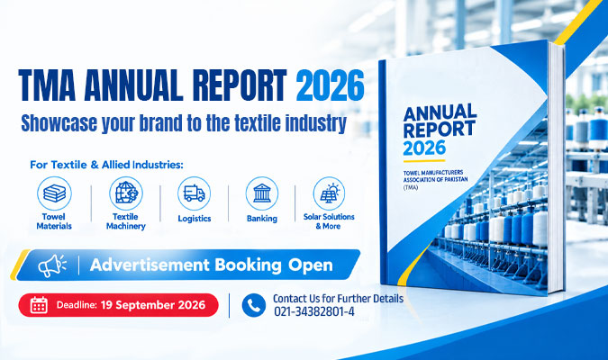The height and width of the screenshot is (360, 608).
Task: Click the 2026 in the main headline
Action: tap(330, 85)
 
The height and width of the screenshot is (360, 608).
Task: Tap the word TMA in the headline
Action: tap(47, 85)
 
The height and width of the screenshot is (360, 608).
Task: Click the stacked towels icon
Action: tap(54, 193)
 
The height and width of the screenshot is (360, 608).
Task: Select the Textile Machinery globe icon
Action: tap(126, 193)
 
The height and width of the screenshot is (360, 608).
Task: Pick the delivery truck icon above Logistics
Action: tap(195, 193)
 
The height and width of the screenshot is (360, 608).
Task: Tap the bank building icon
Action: tap(262, 193)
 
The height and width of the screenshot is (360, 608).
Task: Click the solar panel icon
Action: tap(329, 193)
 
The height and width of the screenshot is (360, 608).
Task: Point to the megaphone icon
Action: tap(52, 265)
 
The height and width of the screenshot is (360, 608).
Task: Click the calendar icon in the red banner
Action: tap(39, 305)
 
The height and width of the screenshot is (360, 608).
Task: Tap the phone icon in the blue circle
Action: tap(254, 305)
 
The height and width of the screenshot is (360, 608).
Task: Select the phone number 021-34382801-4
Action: tap(314, 311)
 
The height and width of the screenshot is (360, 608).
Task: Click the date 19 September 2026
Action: tap(153, 305)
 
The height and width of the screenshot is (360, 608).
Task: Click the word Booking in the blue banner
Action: tap(249, 265)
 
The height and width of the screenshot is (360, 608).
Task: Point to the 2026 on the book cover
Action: tap(424, 148)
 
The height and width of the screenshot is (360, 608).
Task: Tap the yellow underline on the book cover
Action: tap(424, 161)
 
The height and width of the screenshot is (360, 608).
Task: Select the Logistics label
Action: tap(195, 219)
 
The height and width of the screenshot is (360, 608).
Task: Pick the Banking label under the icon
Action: tap(262, 219)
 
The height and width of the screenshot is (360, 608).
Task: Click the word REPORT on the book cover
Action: tap(440, 130)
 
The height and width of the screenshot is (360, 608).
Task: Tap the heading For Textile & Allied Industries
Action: tap(106, 165)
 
